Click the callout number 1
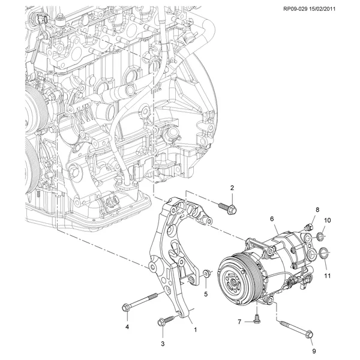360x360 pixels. [194, 329]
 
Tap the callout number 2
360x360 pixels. [232, 188]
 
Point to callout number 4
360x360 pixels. [127, 326]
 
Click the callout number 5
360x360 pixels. [205, 294]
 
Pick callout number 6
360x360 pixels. [271, 219]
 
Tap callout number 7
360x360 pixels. [239, 322]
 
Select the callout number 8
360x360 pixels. [318, 209]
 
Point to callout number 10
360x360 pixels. [327, 220]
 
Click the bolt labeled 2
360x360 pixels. [227, 208]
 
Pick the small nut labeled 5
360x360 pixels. [205, 274]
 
